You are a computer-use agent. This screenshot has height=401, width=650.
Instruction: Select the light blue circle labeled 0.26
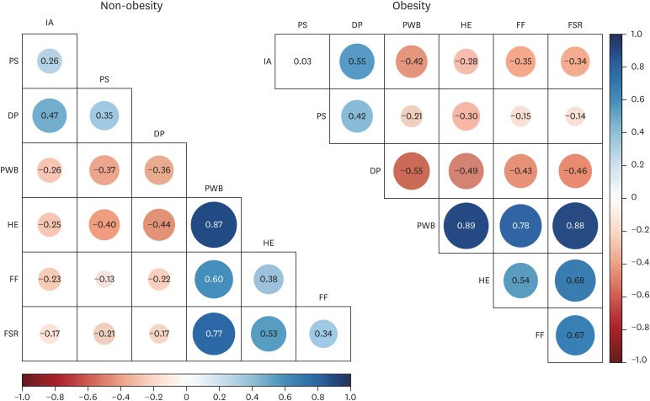coord(50,61)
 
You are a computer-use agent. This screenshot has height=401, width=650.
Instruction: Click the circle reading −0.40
coord(104,225)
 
